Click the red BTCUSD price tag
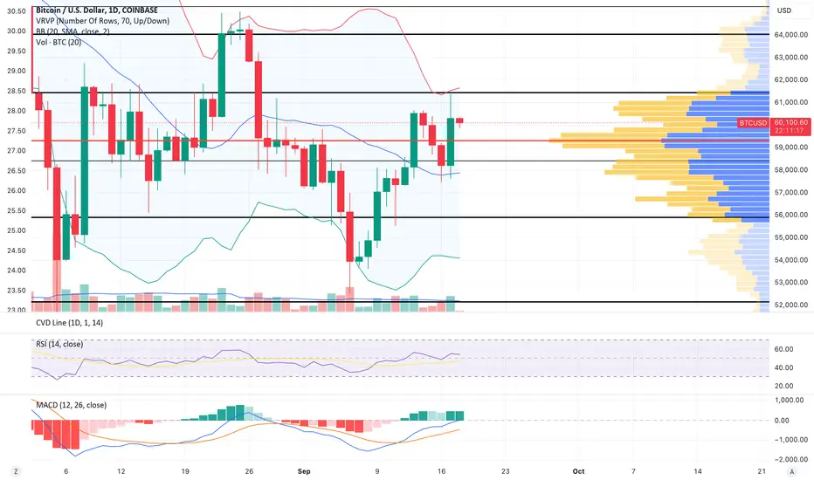click(x=753, y=123)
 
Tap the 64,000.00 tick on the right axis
click(x=791, y=35)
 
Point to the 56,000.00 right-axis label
click(x=791, y=215)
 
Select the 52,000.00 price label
click(x=791, y=305)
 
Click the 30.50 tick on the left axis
click(x=16, y=10)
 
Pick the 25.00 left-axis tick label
click(x=16, y=230)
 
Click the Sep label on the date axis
click(x=304, y=471)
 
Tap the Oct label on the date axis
click(x=578, y=471)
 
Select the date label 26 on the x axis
click(x=249, y=471)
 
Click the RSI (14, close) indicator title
click(x=59, y=344)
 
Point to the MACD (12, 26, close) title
click(x=71, y=405)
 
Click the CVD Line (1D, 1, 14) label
click(x=69, y=323)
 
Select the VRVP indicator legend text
click(x=102, y=21)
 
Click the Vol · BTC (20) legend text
click(x=59, y=42)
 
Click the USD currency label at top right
click(x=784, y=10)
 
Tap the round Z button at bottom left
click(x=16, y=471)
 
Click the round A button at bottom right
click(x=791, y=471)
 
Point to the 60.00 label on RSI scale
click(x=784, y=349)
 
